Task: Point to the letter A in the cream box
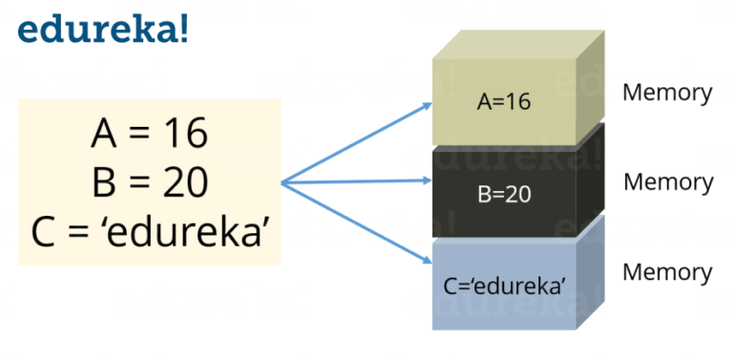[105, 134]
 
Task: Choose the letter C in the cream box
[47, 231]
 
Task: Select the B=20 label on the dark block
[504, 195]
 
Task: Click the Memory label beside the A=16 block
[667, 94]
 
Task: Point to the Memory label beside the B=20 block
[668, 181]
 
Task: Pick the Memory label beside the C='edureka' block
[667, 272]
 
